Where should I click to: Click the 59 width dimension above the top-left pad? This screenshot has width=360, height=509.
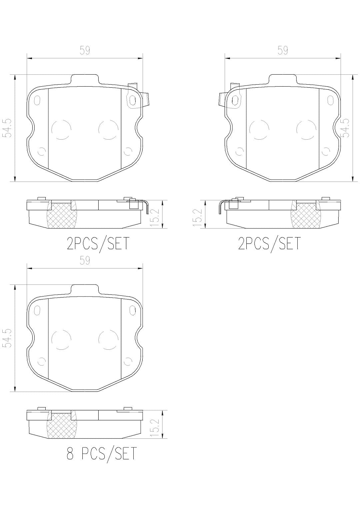click(x=85, y=51)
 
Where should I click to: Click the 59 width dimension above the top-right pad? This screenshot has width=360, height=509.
click(x=283, y=51)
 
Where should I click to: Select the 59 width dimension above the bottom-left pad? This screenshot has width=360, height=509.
click(x=85, y=260)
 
